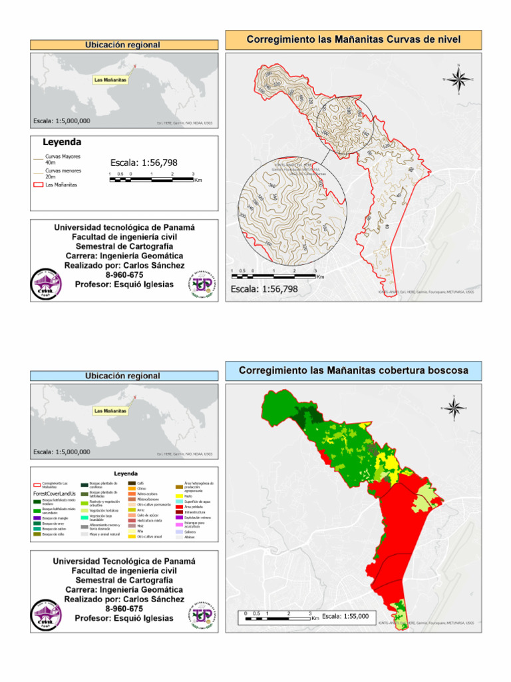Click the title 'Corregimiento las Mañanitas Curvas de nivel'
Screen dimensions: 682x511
tap(353, 40)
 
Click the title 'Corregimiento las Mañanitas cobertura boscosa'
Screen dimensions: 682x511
tap(353, 370)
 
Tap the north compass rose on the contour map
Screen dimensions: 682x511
tap(458, 79)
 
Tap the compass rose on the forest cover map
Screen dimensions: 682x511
tap(452, 408)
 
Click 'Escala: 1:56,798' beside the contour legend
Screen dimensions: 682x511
tap(144, 163)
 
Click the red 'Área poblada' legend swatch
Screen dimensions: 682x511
tap(179, 507)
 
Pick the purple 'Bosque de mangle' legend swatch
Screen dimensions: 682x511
tap(37, 517)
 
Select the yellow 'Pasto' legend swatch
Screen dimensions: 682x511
tap(179, 496)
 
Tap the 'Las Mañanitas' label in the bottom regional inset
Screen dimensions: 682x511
tap(110, 411)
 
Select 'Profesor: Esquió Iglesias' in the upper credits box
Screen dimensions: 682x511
tap(124, 284)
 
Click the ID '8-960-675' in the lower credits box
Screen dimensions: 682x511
tap(124, 609)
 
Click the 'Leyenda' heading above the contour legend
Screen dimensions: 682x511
tap(62, 142)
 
